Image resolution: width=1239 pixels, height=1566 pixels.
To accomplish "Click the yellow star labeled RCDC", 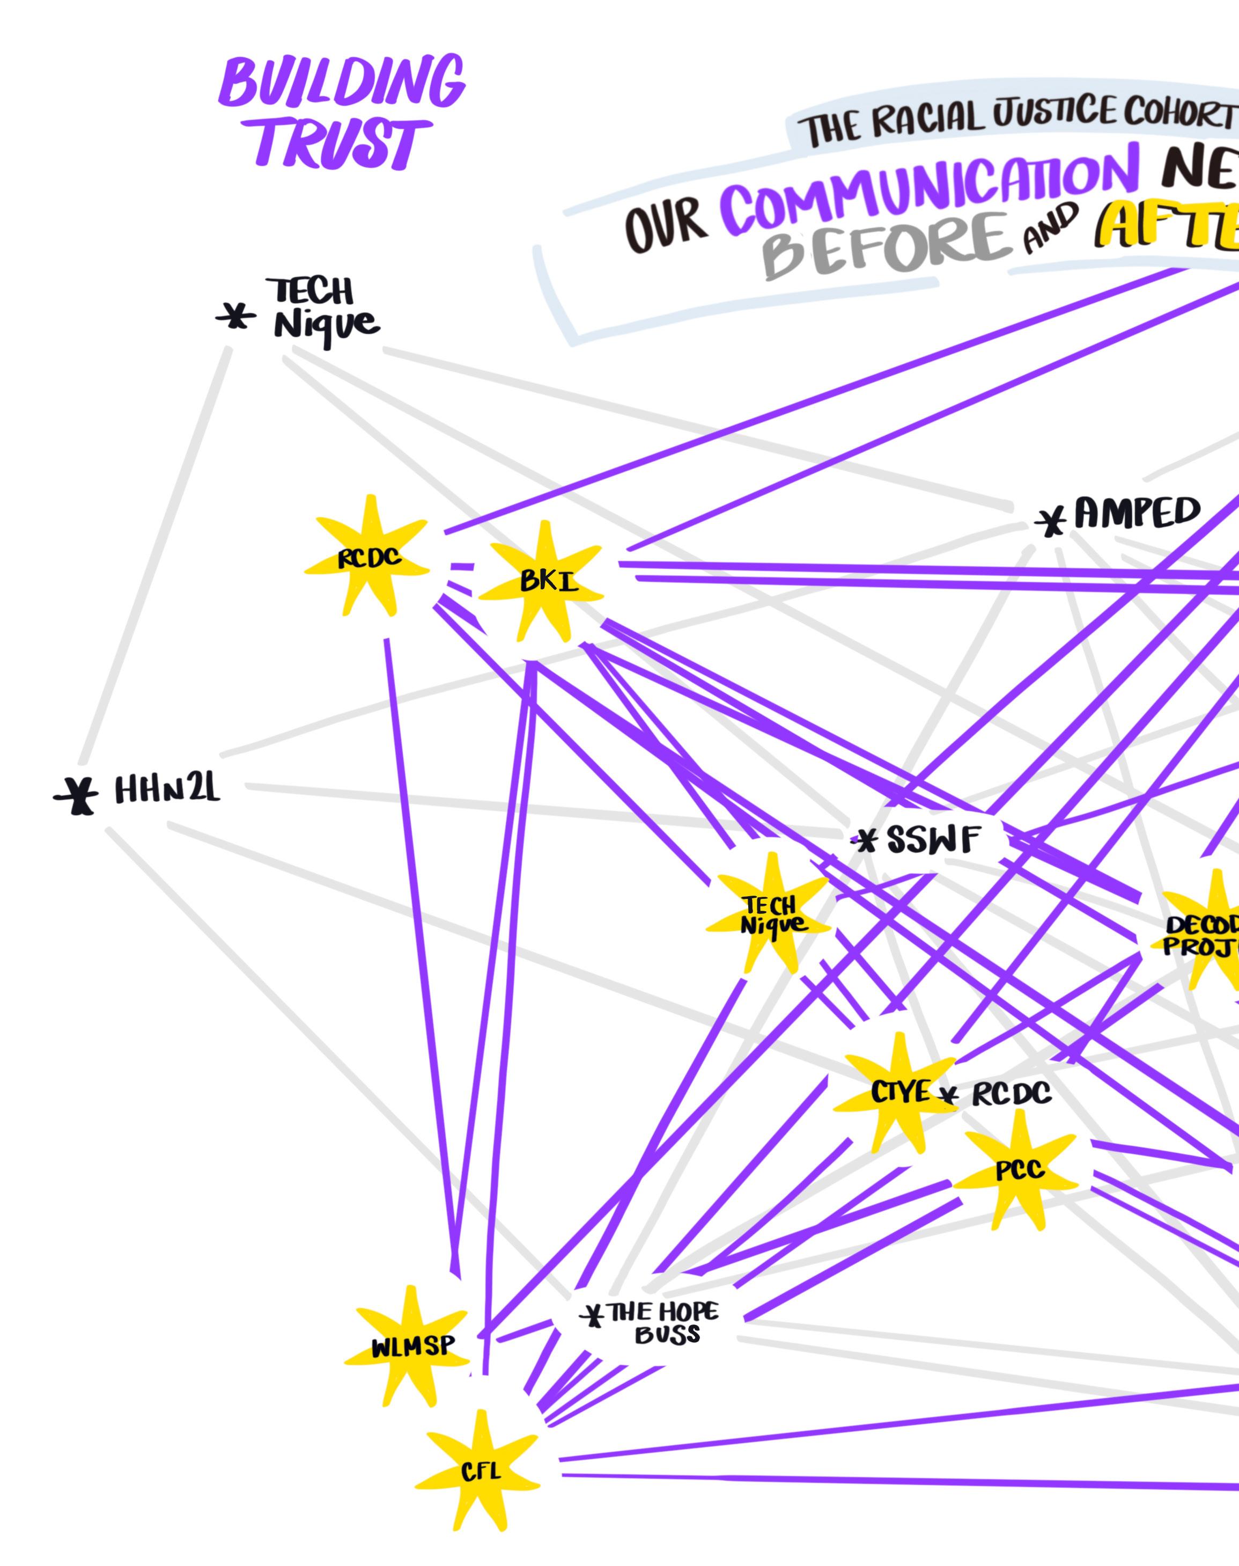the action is tap(368, 558).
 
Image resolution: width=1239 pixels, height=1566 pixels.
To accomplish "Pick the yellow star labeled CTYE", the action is tap(898, 1092).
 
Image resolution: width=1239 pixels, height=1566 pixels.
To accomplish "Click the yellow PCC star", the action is tap(1019, 1169).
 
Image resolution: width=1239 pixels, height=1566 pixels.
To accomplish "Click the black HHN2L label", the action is tap(167, 789).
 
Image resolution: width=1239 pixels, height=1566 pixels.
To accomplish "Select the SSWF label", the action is tap(933, 841).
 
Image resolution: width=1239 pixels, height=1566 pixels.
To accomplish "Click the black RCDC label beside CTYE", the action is tap(1011, 1094).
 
